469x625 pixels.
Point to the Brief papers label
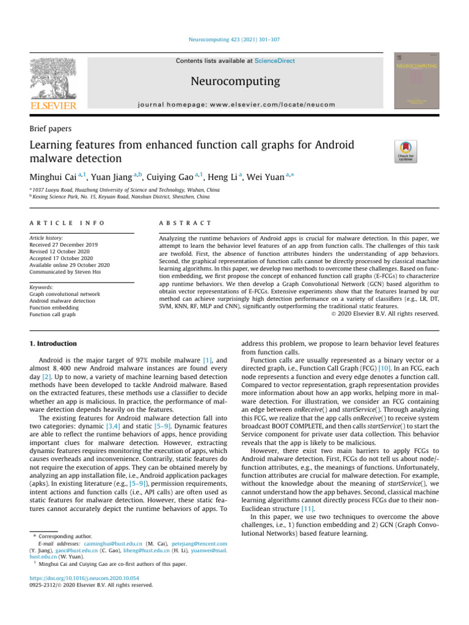[51, 129]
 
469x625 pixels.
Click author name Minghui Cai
[56, 177]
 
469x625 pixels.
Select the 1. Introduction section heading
[54, 344]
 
